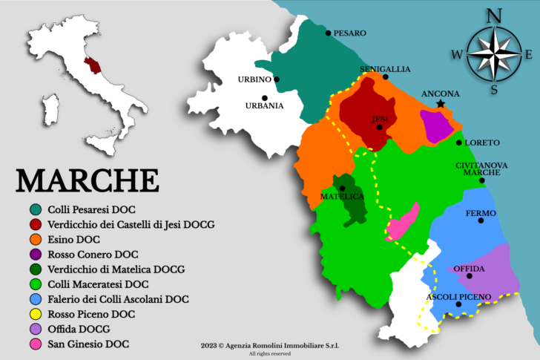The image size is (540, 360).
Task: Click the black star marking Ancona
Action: (x=441, y=104)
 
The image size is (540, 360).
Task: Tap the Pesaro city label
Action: (x=349, y=33)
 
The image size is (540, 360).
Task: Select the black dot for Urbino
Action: (x=277, y=79)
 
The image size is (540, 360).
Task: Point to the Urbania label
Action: (x=264, y=105)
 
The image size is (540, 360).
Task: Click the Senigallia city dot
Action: (x=386, y=76)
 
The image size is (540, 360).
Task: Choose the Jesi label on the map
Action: (x=380, y=119)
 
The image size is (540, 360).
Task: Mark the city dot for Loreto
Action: (x=459, y=143)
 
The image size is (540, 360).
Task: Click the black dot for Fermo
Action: (x=481, y=220)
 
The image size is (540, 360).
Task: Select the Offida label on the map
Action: (x=469, y=268)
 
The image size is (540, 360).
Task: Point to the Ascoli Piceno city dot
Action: (x=458, y=304)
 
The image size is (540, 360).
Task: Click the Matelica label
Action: (x=342, y=197)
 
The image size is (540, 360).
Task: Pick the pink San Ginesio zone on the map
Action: (x=402, y=222)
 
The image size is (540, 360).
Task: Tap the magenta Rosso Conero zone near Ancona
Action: (x=436, y=126)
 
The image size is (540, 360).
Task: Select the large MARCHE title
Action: (x=88, y=180)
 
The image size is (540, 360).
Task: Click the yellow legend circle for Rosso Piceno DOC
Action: (x=34, y=314)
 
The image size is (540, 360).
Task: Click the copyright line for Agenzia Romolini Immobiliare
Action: (x=274, y=346)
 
